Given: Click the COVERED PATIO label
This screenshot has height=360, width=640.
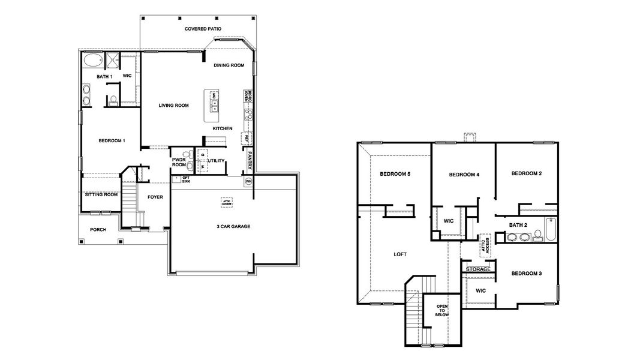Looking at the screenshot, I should [x=203, y=28].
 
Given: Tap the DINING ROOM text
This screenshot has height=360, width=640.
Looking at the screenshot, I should [x=229, y=65].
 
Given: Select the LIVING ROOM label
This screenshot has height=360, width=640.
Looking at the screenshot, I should [x=173, y=105].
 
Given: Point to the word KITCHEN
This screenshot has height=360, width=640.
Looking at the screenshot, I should [x=223, y=128].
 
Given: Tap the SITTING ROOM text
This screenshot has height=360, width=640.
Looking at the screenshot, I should [x=100, y=194].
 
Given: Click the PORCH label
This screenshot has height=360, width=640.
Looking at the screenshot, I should [x=98, y=230].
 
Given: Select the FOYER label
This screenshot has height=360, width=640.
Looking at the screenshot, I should [x=155, y=196].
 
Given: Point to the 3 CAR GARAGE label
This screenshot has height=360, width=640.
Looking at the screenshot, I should [x=233, y=226].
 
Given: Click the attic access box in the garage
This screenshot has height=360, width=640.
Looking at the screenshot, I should [x=226, y=202].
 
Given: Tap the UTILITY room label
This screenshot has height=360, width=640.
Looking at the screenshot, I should [x=216, y=160].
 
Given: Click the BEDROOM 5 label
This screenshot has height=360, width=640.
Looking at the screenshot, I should [x=395, y=174].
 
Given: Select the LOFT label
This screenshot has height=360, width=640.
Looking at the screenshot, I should [x=400, y=254].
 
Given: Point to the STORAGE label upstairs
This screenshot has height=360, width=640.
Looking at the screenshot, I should [x=479, y=269].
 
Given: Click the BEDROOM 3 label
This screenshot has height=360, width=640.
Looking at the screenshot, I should [x=526, y=274].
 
